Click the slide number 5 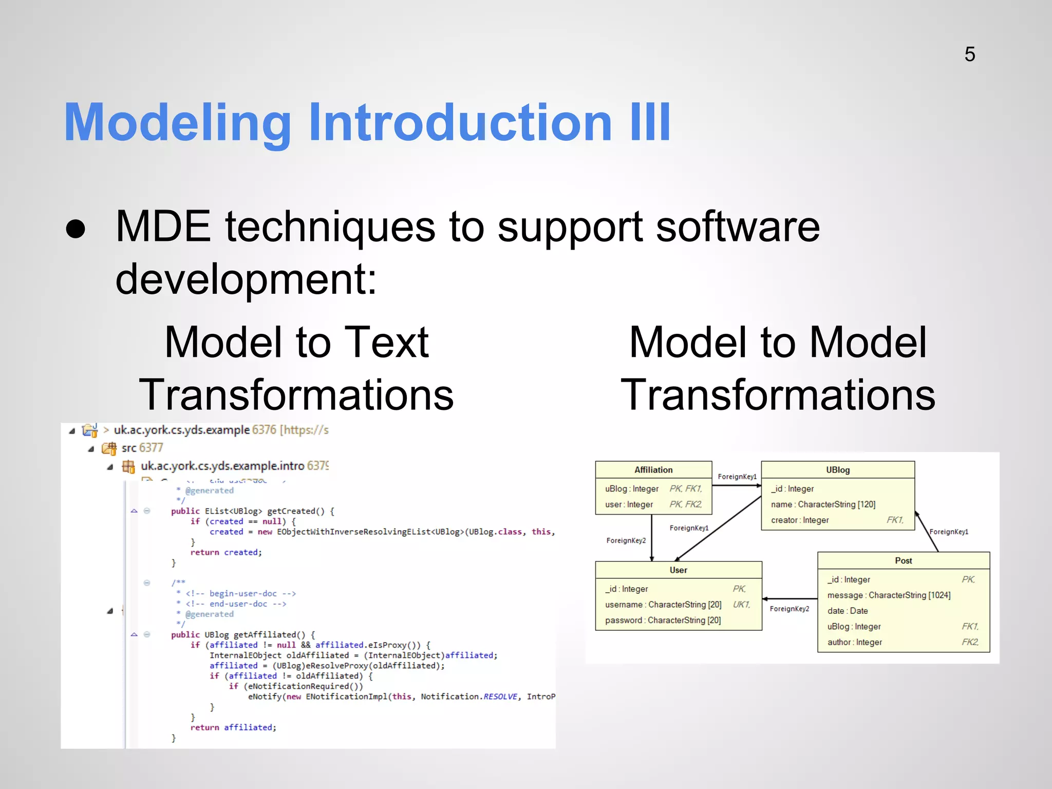969,54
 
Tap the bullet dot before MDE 76,229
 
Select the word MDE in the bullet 163,227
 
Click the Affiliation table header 653,469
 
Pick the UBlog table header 837,469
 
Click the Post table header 903,560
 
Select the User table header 678,570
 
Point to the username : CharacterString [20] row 663,605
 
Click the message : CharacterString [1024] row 889,595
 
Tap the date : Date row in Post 848,611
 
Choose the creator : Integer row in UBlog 800,520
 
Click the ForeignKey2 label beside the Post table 789,609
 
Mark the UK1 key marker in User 741,605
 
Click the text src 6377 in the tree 142,448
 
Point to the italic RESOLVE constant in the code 500,697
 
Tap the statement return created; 226,552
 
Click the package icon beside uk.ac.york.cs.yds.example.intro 128,466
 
